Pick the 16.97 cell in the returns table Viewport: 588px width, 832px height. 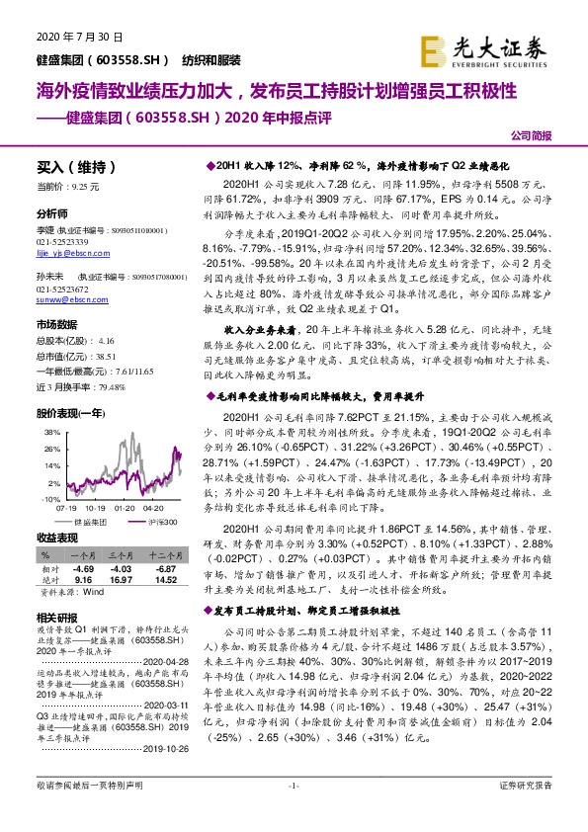[121, 580]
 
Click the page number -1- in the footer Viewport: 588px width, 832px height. [293, 812]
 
